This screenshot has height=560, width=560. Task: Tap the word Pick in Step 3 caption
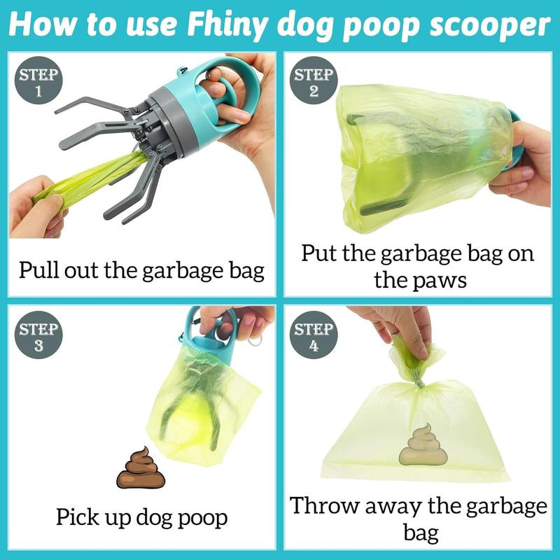pos(78,518)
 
